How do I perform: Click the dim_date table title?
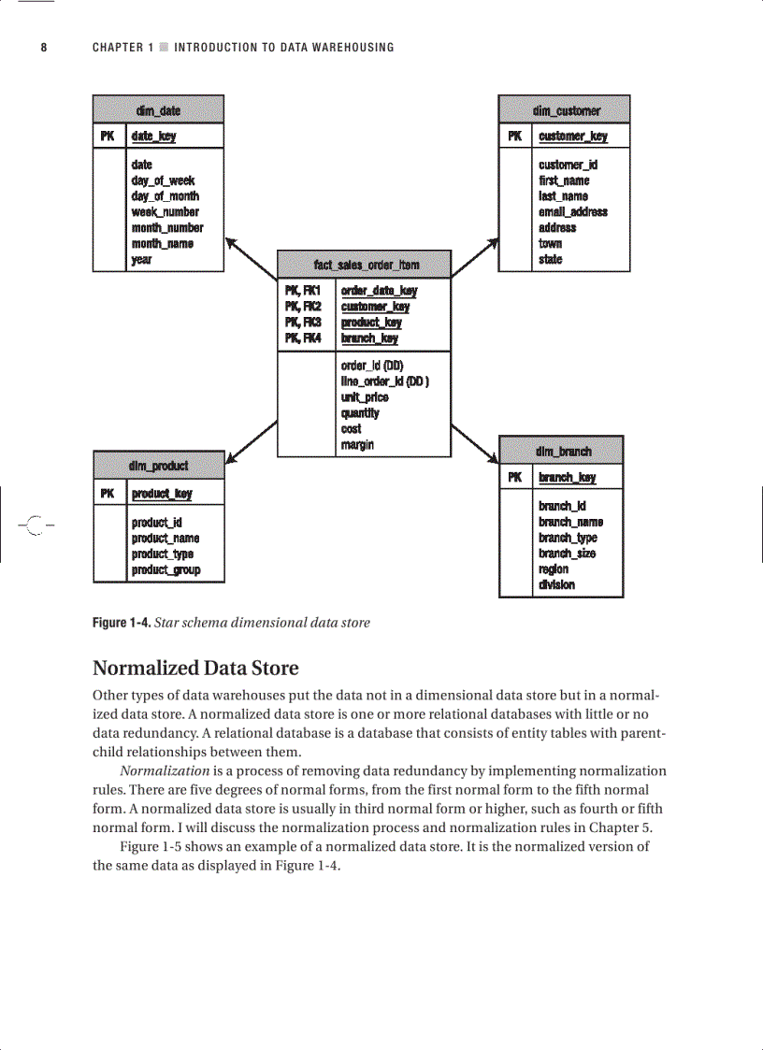click(158, 110)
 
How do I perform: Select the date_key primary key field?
click(153, 137)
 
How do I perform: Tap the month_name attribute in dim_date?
click(163, 243)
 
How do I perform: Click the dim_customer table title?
click(566, 110)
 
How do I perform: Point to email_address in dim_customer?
click(572, 211)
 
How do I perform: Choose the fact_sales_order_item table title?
click(365, 266)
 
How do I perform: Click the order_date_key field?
click(379, 291)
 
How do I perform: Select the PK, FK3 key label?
click(303, 323)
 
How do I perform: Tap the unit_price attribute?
click(365, 397)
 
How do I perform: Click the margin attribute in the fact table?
click(357, 445)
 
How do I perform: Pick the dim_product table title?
click(158, 465)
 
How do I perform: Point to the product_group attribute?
click(166, 569)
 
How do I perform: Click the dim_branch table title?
click(563, 452)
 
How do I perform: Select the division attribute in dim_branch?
click(556, 585)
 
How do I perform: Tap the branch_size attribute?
click(567, 554)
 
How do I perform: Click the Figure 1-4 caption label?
click(120, 623)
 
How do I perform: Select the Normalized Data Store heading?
click(195, 669)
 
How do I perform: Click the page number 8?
click(44, 48)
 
